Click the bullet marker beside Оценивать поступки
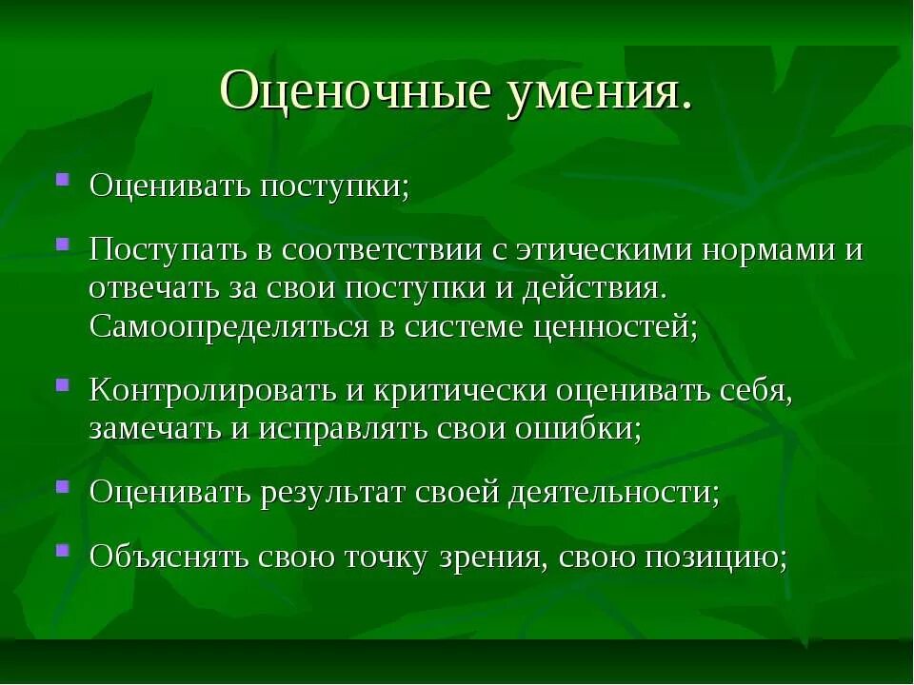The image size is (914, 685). click(x=62, y=178)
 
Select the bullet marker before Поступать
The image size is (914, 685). click(x=62, y=244)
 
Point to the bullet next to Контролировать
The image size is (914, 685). click(x=62, y=384)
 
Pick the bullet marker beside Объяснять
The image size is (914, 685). click(x=62, y=550)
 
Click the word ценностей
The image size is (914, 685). click(x=614, y=327)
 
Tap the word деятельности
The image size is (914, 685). click(x=613, y=493)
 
